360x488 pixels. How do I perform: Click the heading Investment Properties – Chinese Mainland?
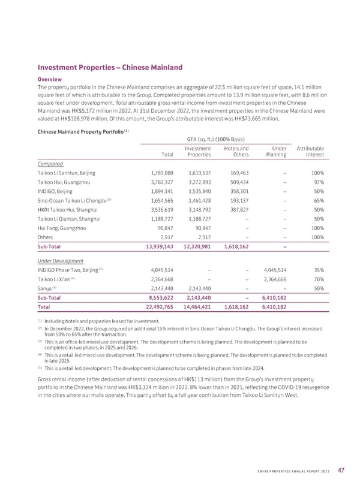(110, 68)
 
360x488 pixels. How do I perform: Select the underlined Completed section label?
(50, 162)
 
